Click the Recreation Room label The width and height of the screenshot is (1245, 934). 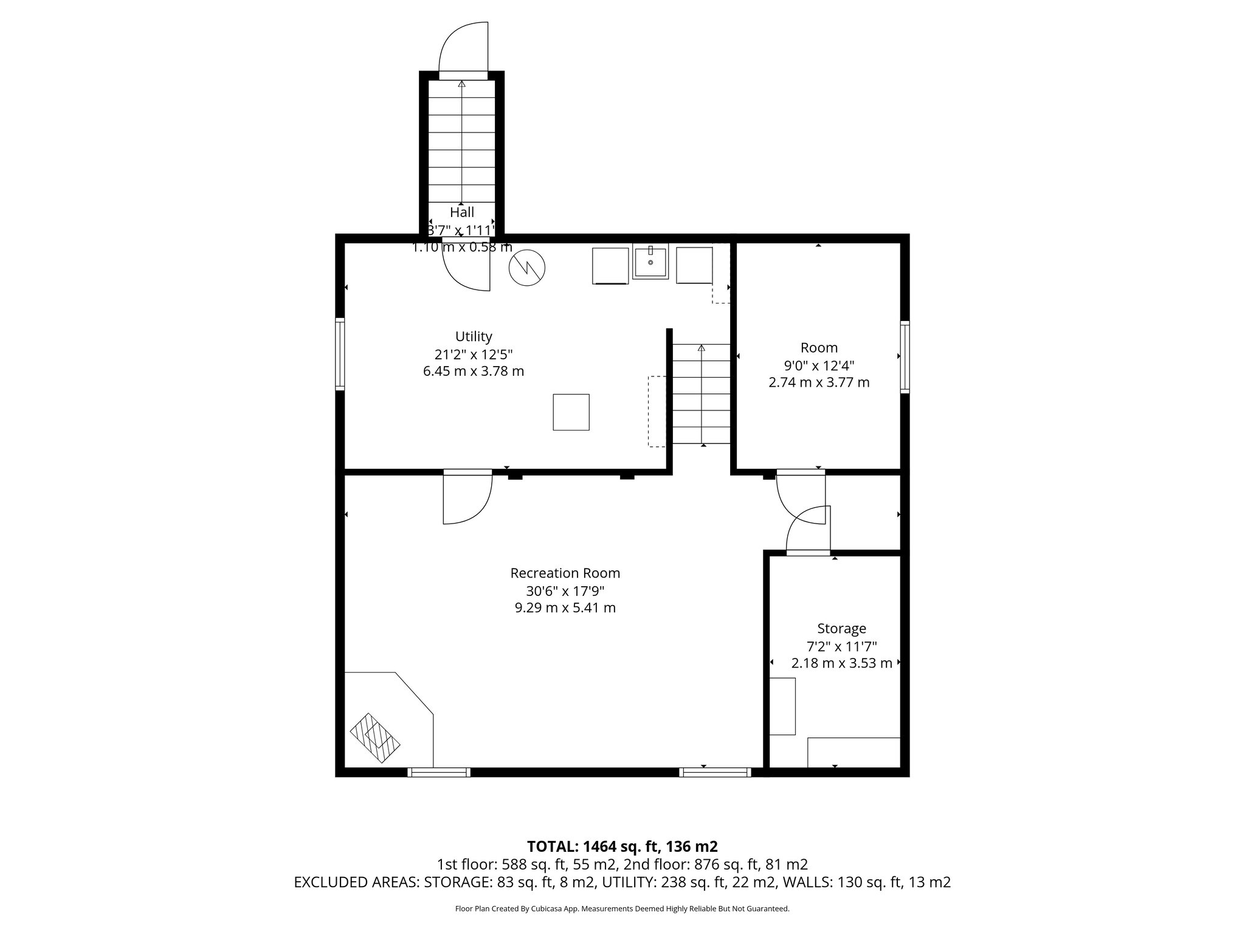pos(565,573)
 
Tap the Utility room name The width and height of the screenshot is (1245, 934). pos(474,336)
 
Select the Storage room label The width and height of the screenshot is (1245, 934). pos(841,628)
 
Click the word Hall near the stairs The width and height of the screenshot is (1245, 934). pos(462,212)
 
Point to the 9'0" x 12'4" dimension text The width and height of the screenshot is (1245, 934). pos(819,365)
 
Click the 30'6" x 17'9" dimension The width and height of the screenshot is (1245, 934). pos(565,590)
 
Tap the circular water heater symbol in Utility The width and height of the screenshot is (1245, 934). pos(527,268)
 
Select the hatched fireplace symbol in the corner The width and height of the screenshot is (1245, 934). pos(375,738)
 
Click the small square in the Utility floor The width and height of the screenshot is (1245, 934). pos(571,412)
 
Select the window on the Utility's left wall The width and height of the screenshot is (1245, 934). pos(340,353)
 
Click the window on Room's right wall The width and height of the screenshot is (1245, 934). pos(905,356)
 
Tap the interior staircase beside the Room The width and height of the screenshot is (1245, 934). pos(701,394)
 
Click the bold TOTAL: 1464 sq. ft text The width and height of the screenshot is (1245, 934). pos(622,846)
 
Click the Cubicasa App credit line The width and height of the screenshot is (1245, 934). pos(622,908)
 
